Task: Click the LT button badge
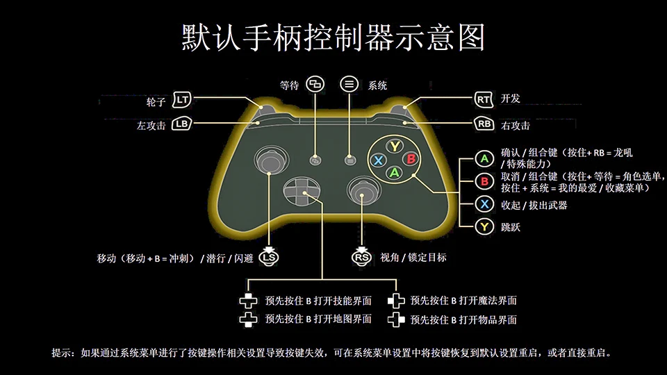[x=182, y=100]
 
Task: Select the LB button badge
[x=182, y=125]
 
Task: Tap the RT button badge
[x=484, y=99]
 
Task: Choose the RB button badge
[x=484, y=124]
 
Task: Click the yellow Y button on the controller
[x=395, y=146]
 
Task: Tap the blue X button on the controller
[x=379, y=160]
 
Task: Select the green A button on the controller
[x=395, y=172]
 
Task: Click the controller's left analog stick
[x=270, y=160]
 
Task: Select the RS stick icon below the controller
[x=361, y=256]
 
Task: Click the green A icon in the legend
[x=484, y=159]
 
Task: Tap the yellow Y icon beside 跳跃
[x=484, y=227]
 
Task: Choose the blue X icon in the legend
[x=484, y=204]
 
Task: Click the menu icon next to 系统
[x=349, y=85]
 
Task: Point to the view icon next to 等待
[x=317, y=85]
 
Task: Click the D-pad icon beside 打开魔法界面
[x=396, y=301]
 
